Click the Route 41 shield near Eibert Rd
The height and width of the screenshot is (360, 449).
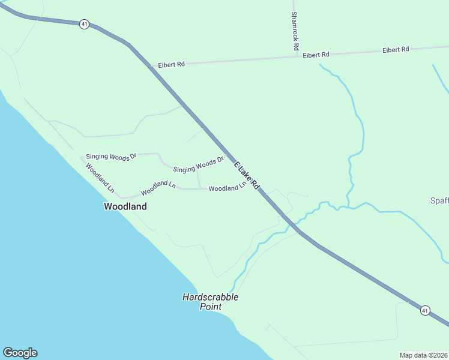point(85,24)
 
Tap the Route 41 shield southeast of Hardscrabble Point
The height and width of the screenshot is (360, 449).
point(425,310)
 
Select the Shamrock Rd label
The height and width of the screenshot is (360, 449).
point(295,31)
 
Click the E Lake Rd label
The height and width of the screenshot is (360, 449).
point(247,176)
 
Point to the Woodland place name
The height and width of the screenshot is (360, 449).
point(125,206)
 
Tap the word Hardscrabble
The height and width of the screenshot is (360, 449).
point(211,297)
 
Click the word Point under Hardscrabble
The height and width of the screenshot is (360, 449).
point(211,307)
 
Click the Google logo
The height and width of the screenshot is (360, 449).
point(20,353)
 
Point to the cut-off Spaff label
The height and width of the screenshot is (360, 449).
point(439,200)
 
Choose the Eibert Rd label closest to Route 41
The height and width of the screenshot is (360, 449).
point(171,64)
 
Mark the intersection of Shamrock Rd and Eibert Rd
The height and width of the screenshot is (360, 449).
point(296,57)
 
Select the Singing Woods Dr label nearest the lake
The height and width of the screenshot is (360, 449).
point(111,156)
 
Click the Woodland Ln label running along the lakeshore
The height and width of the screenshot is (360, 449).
point(100,178)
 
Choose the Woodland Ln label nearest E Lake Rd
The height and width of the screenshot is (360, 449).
point(227,188)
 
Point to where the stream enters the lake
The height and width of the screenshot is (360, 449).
point(231,292)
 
